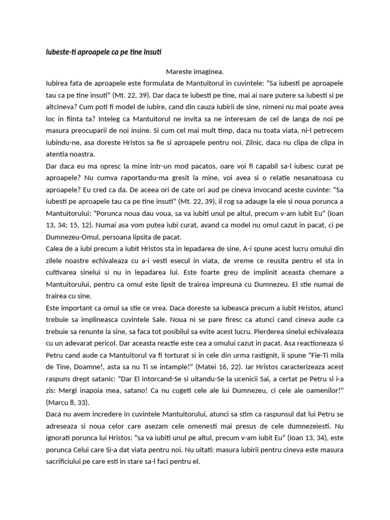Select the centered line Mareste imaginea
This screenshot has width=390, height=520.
click(x=194, y=72)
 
